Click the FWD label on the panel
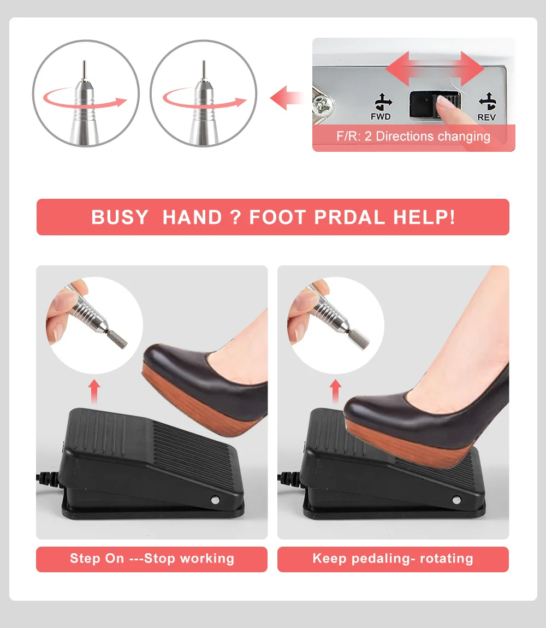381,116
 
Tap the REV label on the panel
486,117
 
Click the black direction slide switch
435,105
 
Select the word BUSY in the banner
120,217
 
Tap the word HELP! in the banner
424,217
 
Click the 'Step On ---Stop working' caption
152,558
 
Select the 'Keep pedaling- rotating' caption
393,558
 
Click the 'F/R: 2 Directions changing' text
413,137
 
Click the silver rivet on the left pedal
215,500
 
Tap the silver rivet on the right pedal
456,500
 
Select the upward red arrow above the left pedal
94,392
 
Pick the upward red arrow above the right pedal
335,392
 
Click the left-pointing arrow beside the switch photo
286,98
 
